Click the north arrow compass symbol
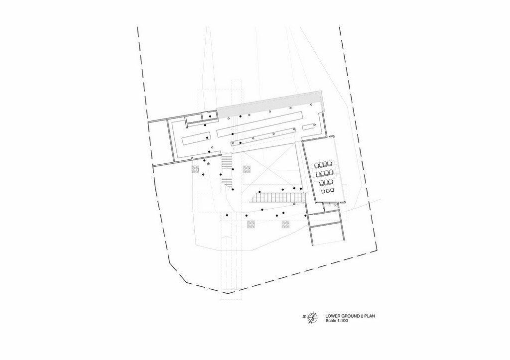(x=313, y=316)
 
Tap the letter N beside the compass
(x=304, y=316)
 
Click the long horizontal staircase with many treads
(x=278, y=197)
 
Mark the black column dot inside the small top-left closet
(x=210, y=117)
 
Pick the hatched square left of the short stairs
(x=195, y=169)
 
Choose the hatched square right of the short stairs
(x=247, y=169)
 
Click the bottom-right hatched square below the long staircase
(x=285, y=224)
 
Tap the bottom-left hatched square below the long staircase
(x=251, y=224)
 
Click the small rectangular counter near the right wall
(x=310, y=126)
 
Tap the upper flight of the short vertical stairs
(x=227, y=161)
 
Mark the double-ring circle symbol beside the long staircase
(x=294, y=204)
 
